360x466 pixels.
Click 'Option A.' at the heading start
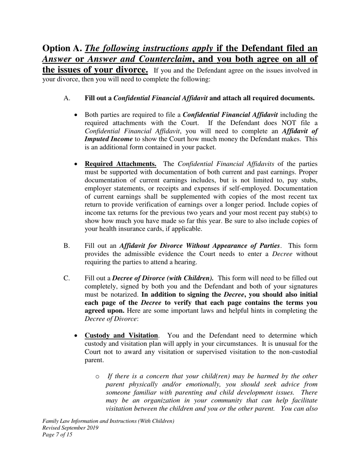[62, 48]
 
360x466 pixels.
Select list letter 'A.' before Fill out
[67, 98]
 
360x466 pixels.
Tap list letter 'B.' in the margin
[67, 246]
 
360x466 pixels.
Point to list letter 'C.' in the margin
[67, 278]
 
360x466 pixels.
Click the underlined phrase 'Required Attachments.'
[121, 164]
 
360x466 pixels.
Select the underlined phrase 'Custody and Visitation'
[121, 336]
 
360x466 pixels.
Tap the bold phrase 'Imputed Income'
[109, 139]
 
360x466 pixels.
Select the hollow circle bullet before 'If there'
[97, 377]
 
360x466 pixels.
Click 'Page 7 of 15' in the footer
[57, 435]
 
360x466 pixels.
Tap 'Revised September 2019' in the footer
[70, 428]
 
